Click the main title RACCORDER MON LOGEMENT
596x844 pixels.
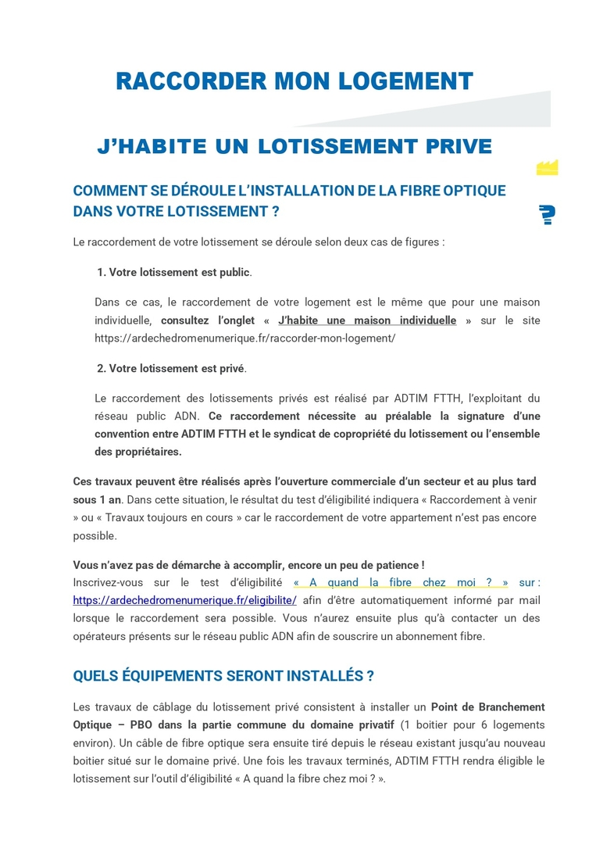pos(294,81)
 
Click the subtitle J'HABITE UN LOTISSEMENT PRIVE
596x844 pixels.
pos(294,146)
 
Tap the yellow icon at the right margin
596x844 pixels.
pos(547,166)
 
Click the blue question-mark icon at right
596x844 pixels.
pos(547,215)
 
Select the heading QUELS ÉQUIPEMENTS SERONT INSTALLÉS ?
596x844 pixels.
pos(223,675)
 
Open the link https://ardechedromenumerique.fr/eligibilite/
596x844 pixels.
pos(184,600)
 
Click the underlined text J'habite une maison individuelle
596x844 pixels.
pos(366,320)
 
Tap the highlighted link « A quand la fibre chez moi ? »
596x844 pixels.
pos(401,582)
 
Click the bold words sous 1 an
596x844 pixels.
pos(97,499)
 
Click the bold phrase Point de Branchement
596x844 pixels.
pos(487,707)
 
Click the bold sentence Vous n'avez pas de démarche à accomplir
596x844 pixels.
pos(248,565)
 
